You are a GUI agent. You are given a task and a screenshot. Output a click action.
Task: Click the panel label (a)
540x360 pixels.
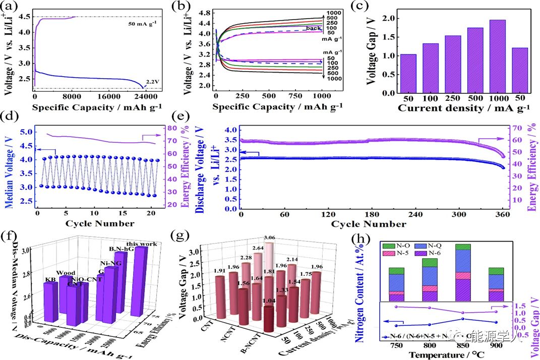click(12, 7)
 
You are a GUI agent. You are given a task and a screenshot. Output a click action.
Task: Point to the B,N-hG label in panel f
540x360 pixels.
click(120, 248)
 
